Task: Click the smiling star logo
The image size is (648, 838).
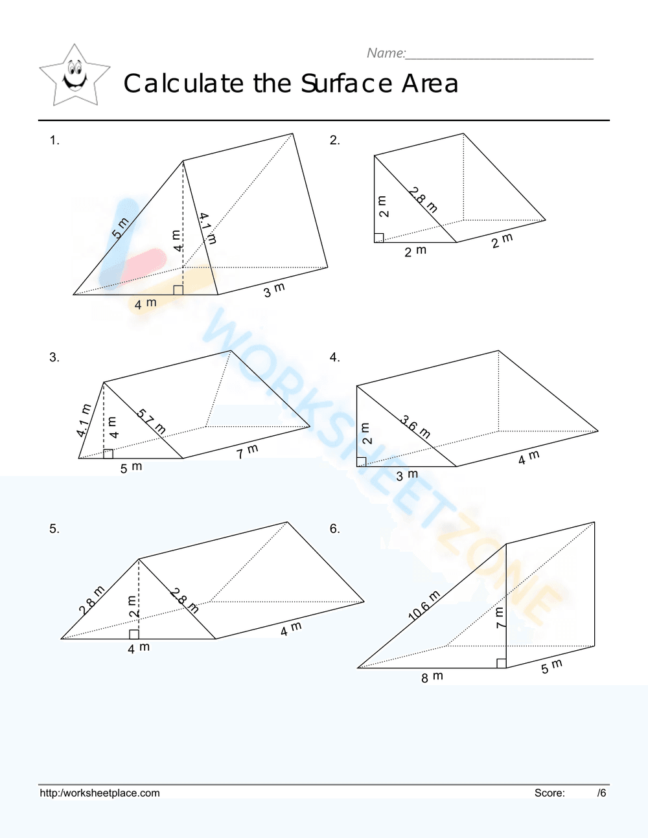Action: point(75,75)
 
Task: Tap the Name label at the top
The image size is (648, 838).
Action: point(386,53)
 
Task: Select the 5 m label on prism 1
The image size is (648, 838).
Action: point(121,228)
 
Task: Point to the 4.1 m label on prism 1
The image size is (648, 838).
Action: point(207,228)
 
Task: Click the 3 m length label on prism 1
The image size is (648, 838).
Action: point(274,290)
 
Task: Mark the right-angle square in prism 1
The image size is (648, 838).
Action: point(178,289)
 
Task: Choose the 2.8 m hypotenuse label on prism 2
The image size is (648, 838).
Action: point(423,199)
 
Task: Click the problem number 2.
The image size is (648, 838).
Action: point(334,140)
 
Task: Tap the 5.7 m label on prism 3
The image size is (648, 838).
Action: point(152,422)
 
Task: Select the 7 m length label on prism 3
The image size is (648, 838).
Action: point(248,451)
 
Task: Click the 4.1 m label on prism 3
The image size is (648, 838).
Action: point(84,420)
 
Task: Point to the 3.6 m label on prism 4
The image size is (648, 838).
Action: point(415,427)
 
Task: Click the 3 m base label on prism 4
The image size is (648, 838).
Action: point(407,475)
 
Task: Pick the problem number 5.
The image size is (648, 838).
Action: point(54,529)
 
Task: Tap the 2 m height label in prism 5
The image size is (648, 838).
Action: point(133,606)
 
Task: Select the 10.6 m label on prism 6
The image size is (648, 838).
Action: point(424,606)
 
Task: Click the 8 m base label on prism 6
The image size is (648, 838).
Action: point(432,677)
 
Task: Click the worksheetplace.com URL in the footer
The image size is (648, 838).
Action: point(100,793)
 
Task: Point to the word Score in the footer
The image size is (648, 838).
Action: point(550,793)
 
